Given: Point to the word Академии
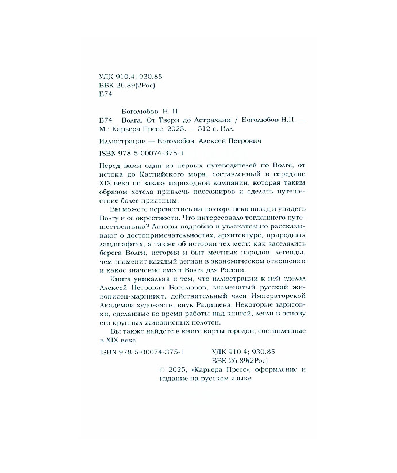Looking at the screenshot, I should point(113,306).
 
